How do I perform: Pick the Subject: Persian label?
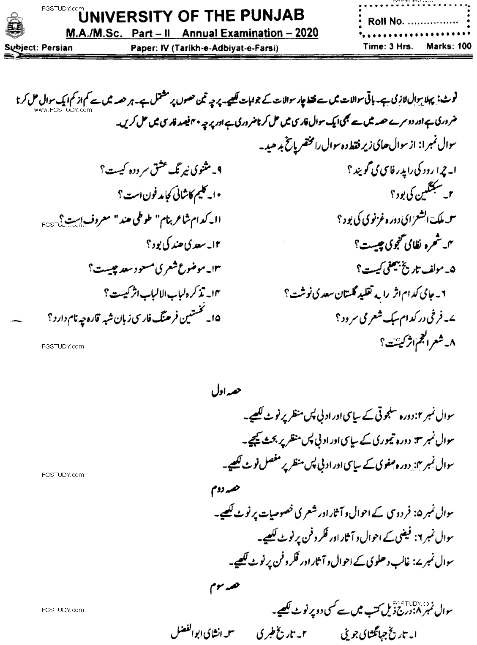click(x=38, y=47)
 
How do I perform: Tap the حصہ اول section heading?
click(x=221, y=392)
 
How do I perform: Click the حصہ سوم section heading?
click(x=220, y=587)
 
